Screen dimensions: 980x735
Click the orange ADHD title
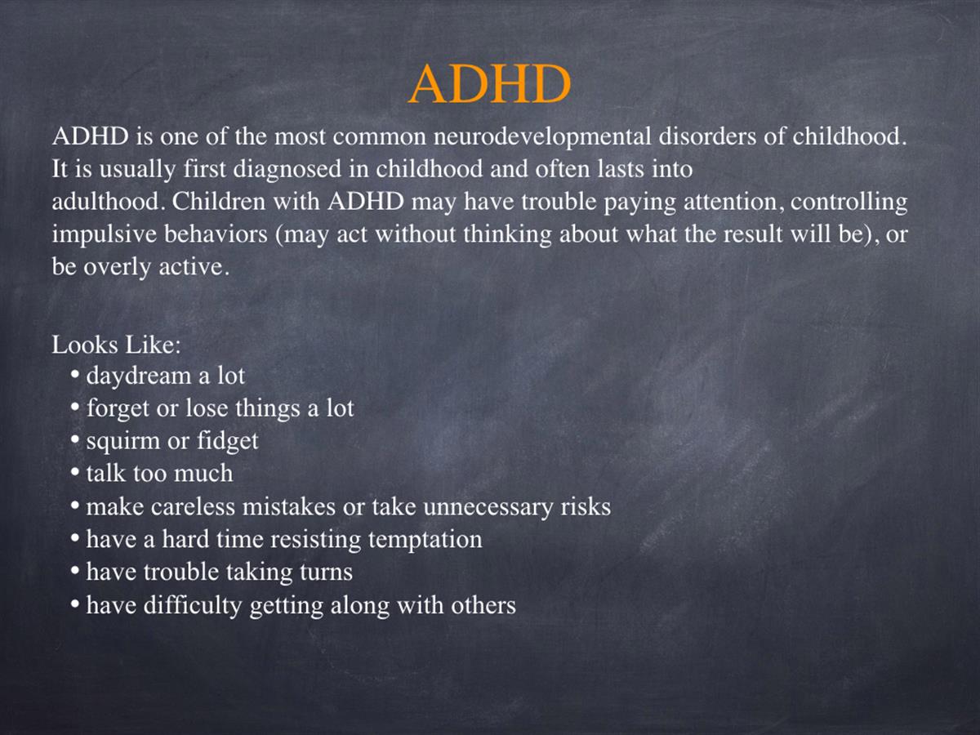[x=490, y=84]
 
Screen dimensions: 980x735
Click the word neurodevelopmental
[x=542, y=136]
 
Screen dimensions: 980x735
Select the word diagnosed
[x=287, y=170]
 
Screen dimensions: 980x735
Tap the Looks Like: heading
[x=117, y=345]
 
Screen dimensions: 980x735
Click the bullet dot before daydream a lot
[x=75, y=374]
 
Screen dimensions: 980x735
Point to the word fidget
[x=228, y=441]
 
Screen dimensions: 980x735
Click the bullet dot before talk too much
[x=75, y=472]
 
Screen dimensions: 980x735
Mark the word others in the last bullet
[x=483, y=604]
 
